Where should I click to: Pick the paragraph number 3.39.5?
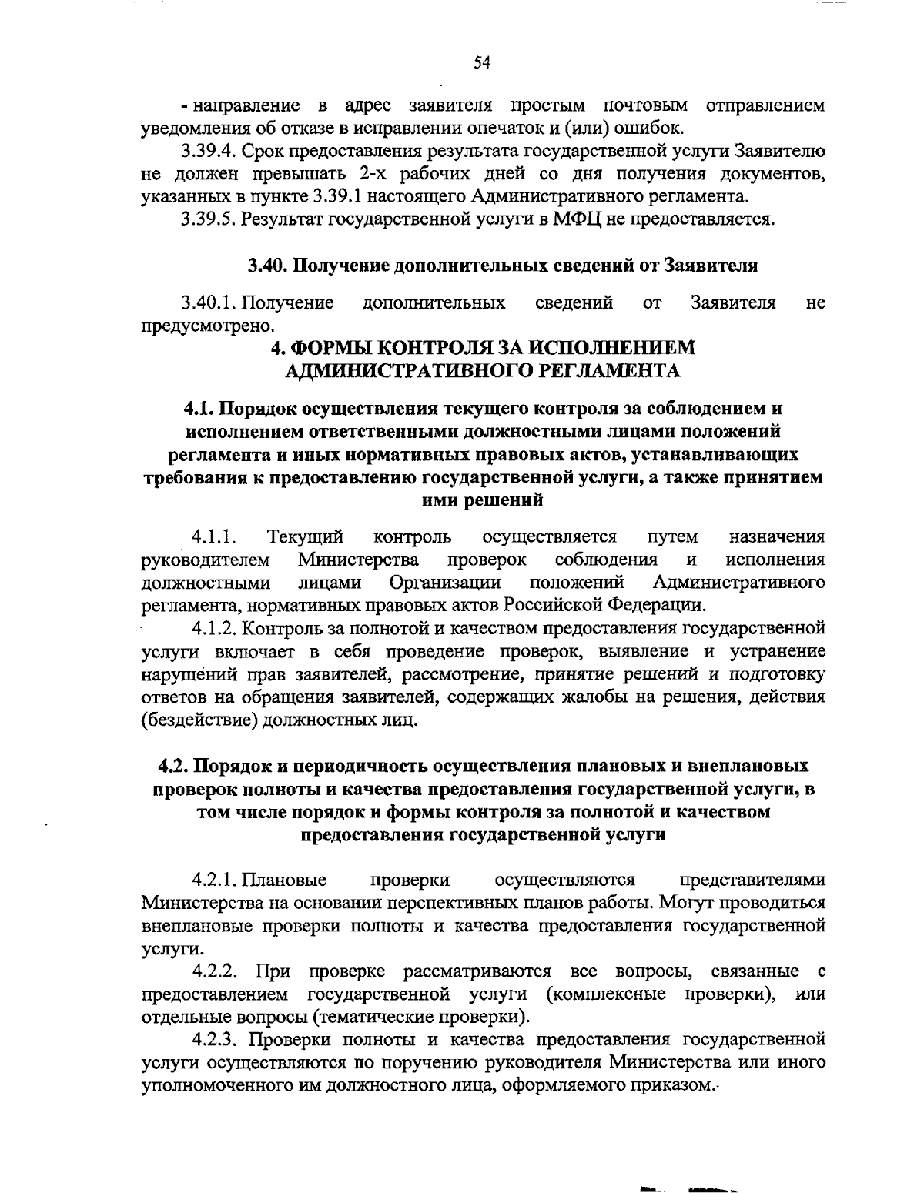coord(209,219)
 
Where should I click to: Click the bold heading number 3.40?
coord(265,266)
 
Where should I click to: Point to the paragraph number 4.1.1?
coord(214,536)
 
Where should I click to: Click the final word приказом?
coord(678,1086)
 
